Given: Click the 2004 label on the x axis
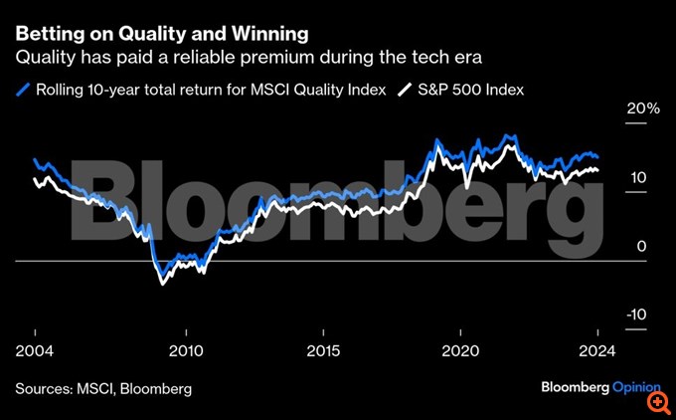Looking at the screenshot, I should pos(35,351).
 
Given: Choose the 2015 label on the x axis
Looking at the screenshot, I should pos(323,351).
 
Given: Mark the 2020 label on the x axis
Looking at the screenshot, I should pos(461,351).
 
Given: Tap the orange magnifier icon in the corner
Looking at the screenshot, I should pos(657,401).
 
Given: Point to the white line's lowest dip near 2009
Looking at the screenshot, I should pos(163,284).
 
